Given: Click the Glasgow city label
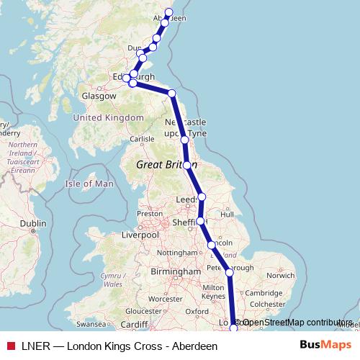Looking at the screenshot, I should pos(99,96).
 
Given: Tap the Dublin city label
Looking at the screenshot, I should pos(33,224).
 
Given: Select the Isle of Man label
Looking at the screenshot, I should pos(90,184).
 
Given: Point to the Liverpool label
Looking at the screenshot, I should pos(140,235).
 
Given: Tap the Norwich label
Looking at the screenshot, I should pos(280,275).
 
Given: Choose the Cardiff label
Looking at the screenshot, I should pos(134,325).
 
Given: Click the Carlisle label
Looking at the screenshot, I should pos(140,139).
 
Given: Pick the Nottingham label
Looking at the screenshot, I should pos(177,253).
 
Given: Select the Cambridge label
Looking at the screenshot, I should pos(263,293).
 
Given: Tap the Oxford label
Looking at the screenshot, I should pos(197,312).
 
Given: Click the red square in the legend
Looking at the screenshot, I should pos(9,346).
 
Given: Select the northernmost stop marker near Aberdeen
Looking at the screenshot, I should pos(170,12).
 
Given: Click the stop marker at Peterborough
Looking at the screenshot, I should pos(229,272).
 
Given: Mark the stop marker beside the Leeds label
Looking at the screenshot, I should pos(202,197).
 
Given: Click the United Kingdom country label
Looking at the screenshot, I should pos(109,117).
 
